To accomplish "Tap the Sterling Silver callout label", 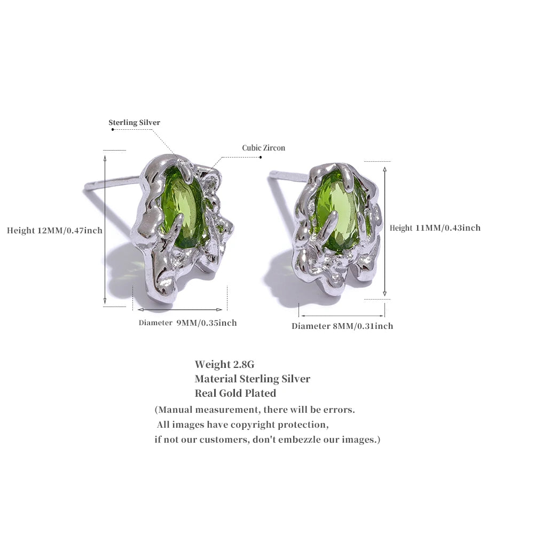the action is click(x=134, y=123).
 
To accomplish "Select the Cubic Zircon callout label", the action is click(x=264, y=148).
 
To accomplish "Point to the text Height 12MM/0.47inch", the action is click(x=54, y=231).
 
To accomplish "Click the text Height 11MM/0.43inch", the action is click(x=435, y=228).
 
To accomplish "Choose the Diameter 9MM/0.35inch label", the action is click(x=187, y=323).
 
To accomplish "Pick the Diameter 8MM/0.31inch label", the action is click(x=342, y=326).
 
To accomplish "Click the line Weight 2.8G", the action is click(x=224, y=364).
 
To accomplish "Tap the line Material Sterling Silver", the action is click(x=253, y=379).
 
